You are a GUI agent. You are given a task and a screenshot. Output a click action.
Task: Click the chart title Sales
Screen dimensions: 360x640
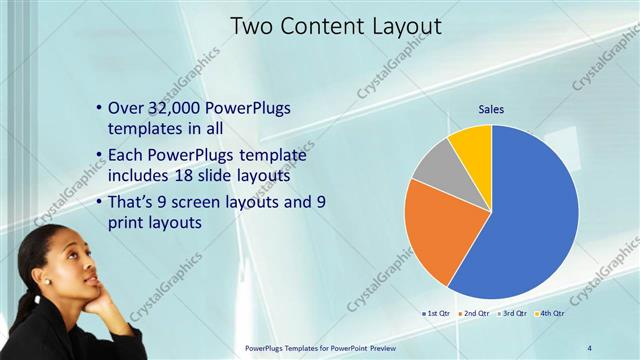click(x=491, y=109)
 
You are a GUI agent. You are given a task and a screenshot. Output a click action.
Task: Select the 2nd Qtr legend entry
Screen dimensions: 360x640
click(x=474, y=313)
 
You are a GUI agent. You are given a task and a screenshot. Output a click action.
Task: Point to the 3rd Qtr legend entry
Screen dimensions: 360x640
click(x=512, y=313)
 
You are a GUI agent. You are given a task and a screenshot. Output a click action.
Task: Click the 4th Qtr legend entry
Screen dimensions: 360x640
click(x=550, y=313)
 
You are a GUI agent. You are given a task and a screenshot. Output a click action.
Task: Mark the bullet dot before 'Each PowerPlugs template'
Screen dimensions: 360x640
click(x=98, y=156)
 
